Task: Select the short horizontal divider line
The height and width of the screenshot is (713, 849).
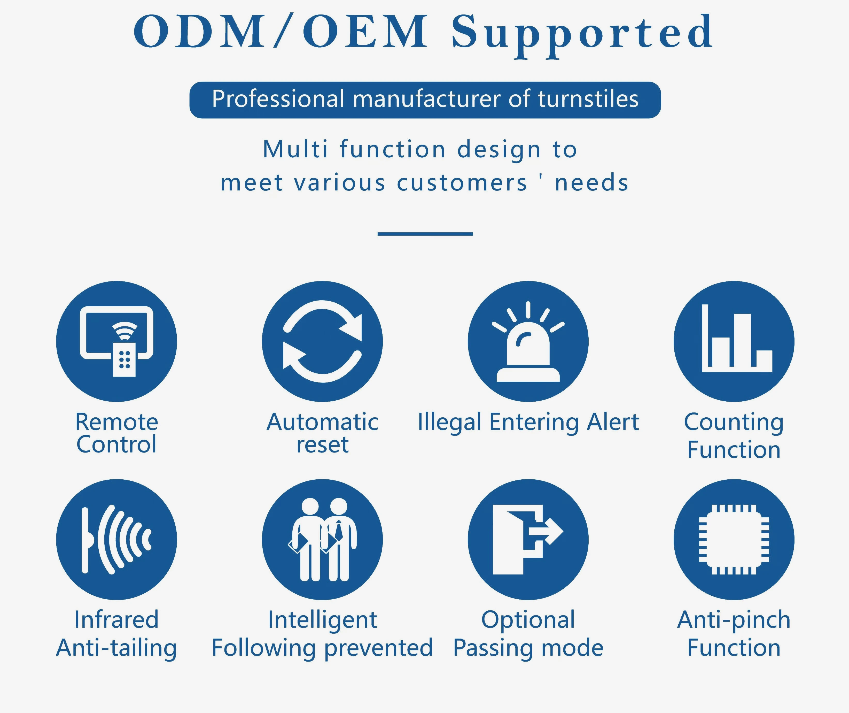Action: (425, 234)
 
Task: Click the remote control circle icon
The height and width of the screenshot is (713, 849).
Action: (116, 341)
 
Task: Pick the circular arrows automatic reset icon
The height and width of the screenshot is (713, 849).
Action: (322, 341)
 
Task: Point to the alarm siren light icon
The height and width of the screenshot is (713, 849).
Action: (528, 341)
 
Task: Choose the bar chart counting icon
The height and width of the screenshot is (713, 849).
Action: (734, 341)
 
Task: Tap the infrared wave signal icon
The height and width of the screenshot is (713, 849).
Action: (116, 540)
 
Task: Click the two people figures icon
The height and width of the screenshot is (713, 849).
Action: (322, 540)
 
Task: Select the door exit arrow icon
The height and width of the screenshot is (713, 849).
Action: (528, 540)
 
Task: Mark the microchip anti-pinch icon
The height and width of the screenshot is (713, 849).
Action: (734, 540)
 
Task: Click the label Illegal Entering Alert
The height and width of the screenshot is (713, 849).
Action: (528, 423)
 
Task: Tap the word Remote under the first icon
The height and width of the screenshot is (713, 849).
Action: (116, 422)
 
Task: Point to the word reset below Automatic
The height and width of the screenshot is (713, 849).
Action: (322, 445)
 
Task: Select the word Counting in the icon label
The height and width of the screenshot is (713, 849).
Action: (734, 423)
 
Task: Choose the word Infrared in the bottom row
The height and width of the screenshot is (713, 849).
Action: (116, 619)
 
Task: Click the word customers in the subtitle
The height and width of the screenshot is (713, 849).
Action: (462, 183)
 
